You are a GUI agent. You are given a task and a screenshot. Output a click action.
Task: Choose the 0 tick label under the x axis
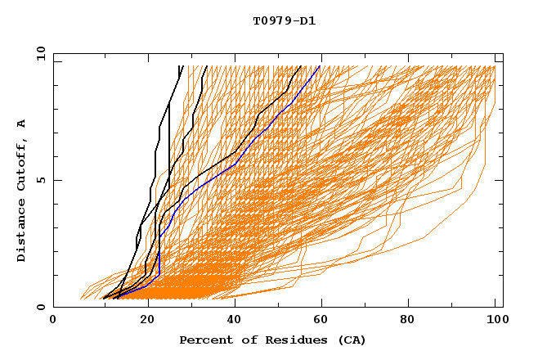click(x=53, y=321)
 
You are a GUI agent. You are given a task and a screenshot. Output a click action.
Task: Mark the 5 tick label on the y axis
click(x=40, y=180)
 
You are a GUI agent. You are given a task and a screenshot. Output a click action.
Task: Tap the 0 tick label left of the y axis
click(x=40, y=307)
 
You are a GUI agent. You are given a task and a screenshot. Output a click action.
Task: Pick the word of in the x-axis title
click(x=244, y=340)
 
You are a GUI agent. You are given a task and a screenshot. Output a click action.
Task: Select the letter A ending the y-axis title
click(x=22, y=124)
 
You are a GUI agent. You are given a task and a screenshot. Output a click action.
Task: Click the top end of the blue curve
click(x=320, y=65)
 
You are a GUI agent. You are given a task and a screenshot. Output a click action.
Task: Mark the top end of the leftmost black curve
click(x=179, y=65)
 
